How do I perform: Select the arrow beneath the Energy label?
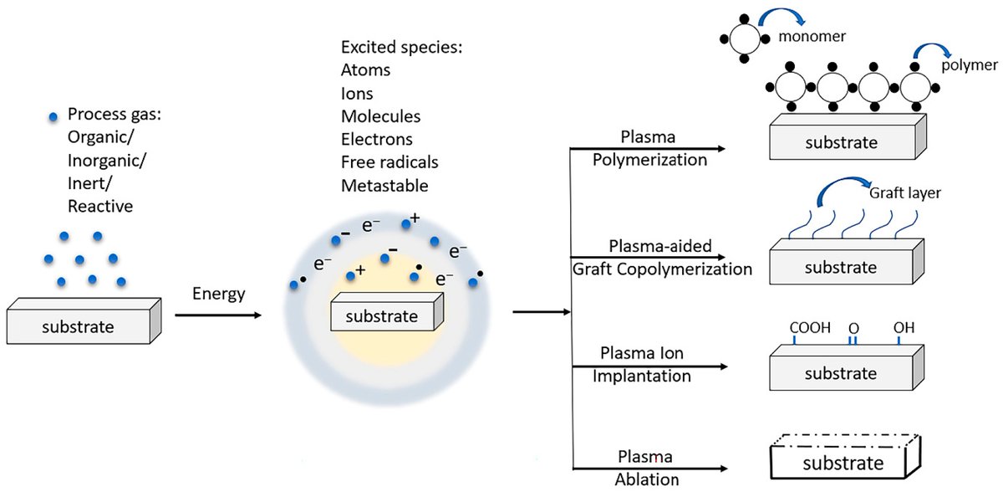pos(217,315)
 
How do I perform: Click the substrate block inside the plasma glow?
pos(385,315)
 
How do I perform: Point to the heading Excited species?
pos(400,48)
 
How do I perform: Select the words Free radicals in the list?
pos(389,161)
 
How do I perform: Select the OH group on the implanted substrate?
pos(904,328)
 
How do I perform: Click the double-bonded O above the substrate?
pos(853,328)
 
